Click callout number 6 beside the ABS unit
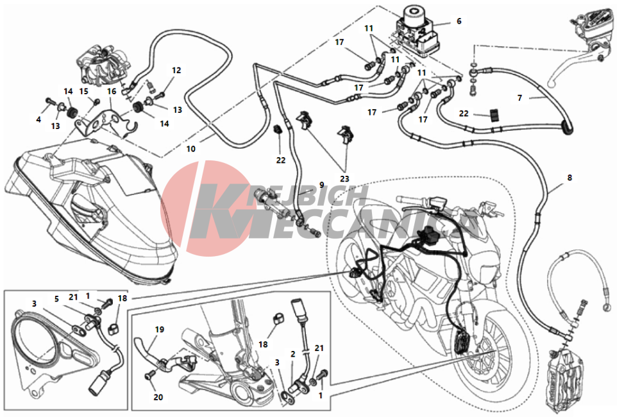pyautogui.click(x=459, y=21)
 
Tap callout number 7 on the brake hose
pyautogui.click(x=519, y=98)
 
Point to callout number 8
pyautogui.click(x=569, y=178)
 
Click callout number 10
pyautogui.click(x=191, y=149)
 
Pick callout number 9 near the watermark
pyautogui.click(x=322, y=185)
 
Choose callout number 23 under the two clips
pyautogui.click(x=344, y=179)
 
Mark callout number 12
pyautogui.click(x=176, y=71)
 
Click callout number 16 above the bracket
pyautogui.click(x=112, y=92)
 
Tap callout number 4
pyautogui.click(x=38, y=120)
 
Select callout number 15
pyautogui.click(x=83, y=91)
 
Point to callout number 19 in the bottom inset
pyautogui.click(x=160, y=329)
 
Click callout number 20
pyautogui.click(x=158, y=397)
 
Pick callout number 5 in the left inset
pyautogui.click(x=56, y=299)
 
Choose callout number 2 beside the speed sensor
pyautogui.click(x=292, y=354)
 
